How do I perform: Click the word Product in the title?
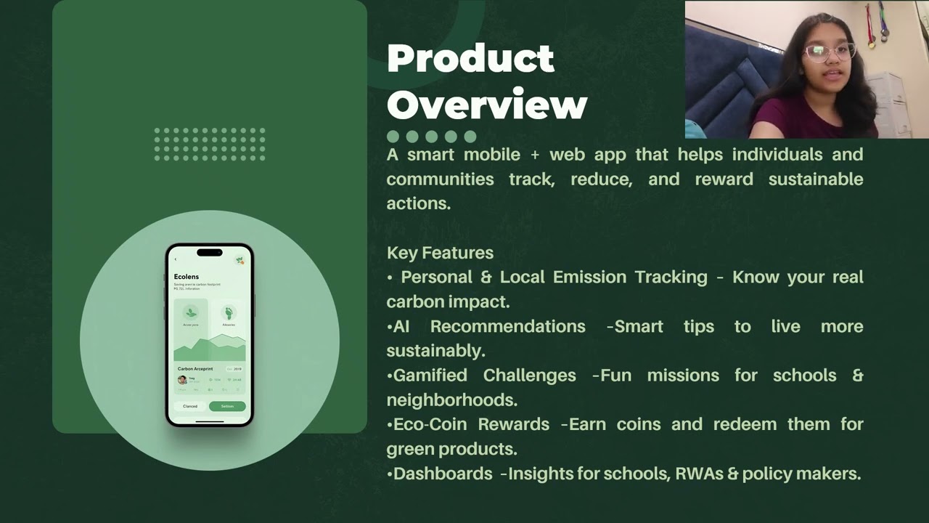click(470, 59)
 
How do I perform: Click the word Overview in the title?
click(486, 105)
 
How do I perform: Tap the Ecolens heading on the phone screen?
click(187, 277)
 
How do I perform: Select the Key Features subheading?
click(440, 253)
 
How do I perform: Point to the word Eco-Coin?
click(430, 424)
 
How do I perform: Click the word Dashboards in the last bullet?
click(443, 474)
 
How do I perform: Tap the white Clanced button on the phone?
click(190, 406)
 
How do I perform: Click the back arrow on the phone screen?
click(175, 259)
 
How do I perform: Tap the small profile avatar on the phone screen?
click(182, 379)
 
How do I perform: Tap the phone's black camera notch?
click(210, 253)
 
